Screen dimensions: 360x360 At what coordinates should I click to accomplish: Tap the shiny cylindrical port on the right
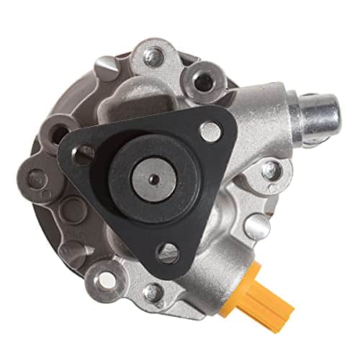(322, 115)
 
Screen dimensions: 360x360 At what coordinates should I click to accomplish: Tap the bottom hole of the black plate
(168, 251)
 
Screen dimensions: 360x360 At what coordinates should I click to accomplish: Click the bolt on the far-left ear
(35, 177)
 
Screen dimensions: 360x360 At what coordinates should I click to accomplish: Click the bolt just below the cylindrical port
(271, 171)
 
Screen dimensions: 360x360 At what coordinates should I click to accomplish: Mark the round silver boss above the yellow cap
(256, 226)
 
